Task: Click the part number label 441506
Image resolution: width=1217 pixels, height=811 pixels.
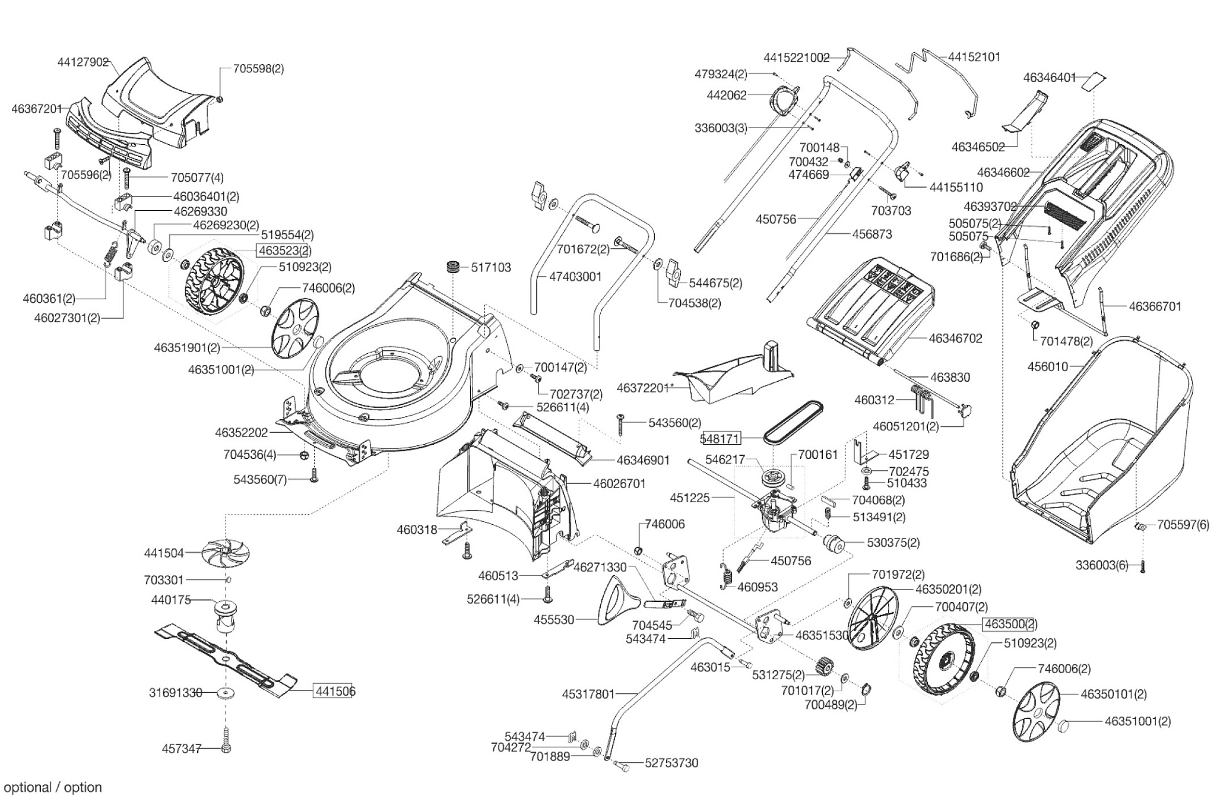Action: point(335,691)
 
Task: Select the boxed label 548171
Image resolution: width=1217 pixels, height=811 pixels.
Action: point(721,439)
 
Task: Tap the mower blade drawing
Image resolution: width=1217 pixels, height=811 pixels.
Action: point(226,660)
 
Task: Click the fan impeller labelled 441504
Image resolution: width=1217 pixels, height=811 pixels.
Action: point(226,552)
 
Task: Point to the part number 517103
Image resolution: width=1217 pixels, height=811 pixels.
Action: point(491,268)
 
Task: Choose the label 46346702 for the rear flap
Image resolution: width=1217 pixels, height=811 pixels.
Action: point(955,338)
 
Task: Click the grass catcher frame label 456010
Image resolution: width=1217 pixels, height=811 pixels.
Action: point(1047,367)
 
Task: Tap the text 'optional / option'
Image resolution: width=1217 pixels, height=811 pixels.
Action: point(53,787)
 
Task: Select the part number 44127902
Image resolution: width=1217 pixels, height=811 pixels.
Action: point(83,62)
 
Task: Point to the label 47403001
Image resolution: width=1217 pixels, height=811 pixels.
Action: point(575,277)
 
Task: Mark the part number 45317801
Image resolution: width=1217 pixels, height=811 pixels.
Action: point(588,693)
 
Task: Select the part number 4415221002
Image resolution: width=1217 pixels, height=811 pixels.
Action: point(796,58)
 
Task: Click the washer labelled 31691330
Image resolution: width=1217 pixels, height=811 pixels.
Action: point(226,692)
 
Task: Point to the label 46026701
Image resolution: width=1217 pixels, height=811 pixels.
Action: point(619,484)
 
